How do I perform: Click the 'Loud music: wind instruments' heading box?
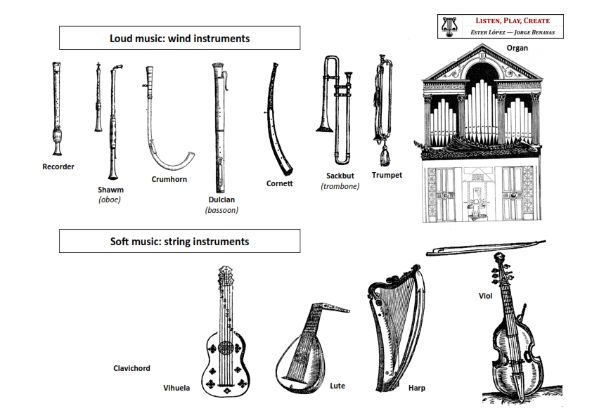click(179, 39)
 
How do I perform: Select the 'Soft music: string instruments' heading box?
click(179, 242)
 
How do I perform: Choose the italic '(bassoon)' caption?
click(221, 209)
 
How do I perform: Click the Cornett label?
click(279, 183)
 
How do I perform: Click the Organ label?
click(517, 48)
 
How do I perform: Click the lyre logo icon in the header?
click(447, 26)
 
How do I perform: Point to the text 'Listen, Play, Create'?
click(511, 21)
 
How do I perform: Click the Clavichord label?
click(131, 368)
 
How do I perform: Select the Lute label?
click(337, 386)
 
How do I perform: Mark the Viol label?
click(485, 296)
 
